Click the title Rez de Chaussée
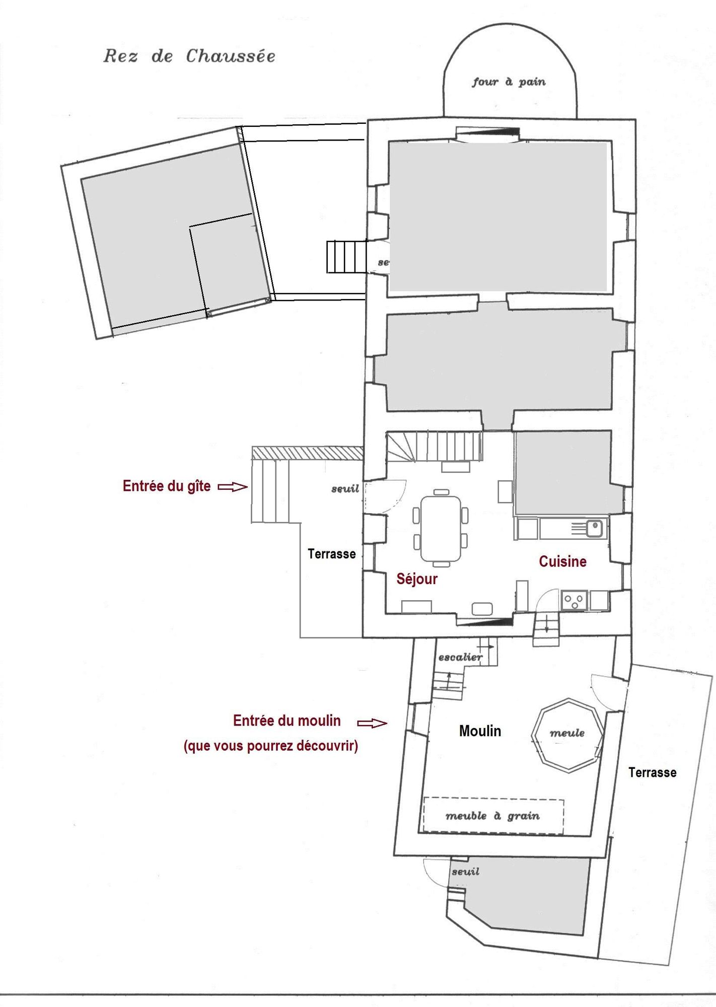click(x=189, y=56)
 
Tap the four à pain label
click(x=509, y=82)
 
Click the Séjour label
click(x=417, y=579)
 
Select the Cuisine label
click(x=562, y=561)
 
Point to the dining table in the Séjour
click(x=441, y=529)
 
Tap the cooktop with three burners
click(x=574, y=600)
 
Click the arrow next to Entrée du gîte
click(x=232, y=487)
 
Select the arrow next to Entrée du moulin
click(x=372, y=724)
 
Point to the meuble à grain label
click(x=492, y=816)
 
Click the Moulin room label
click(x=480, y=731)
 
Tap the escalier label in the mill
click(x=460, y=657)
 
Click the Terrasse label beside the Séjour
click(x=332, y=554)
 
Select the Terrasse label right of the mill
click(x=652, y=772)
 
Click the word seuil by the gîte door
click(x=345, y=489)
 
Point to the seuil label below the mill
click(x=465, y=872)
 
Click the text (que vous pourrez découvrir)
click(x=271, y=746)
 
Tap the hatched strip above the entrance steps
click(x=308, y=453)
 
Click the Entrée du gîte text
click(x=167, y=486)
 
